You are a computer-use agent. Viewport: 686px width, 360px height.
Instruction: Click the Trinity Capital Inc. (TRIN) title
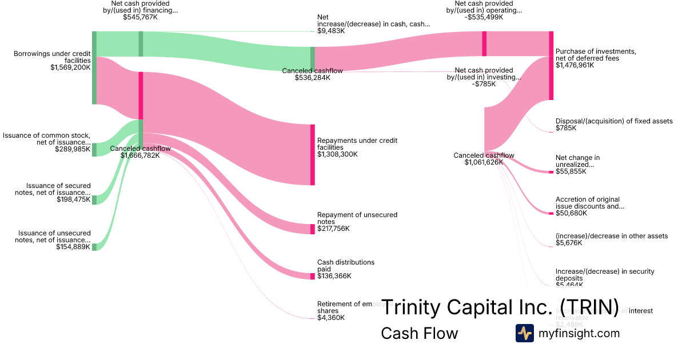coord(500,307)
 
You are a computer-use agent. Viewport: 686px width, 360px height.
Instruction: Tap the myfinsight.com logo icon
coord(524,333)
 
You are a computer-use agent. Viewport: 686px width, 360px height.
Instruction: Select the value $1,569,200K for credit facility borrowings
coord(70,67)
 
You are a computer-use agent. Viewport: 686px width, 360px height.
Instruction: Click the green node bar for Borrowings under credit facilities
coord(94,67)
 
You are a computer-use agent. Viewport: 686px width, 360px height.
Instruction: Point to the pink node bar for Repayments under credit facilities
coord(313,154)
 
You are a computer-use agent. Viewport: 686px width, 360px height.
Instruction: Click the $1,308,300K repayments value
coord(337,154)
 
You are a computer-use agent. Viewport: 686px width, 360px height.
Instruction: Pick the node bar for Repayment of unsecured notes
coord(313,229)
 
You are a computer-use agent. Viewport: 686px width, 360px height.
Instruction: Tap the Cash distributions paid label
coord(346,266)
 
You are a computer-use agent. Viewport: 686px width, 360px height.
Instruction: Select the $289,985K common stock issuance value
coord(73,149)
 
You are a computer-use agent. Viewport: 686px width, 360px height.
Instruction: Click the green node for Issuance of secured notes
coord(94,199)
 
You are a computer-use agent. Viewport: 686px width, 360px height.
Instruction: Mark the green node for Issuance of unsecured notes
coord(94,247)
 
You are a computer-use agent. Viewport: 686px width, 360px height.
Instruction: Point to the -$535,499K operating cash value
coord(484,17)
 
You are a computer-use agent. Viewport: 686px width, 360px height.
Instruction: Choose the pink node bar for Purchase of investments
coord(551,66)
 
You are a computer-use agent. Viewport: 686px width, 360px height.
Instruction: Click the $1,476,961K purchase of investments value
coord(575,65)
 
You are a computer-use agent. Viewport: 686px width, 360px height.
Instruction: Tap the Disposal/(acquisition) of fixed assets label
coord(614,121)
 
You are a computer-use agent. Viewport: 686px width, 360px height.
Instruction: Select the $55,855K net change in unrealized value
coord(569,171)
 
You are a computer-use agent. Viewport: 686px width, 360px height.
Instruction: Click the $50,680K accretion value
coord(569,213)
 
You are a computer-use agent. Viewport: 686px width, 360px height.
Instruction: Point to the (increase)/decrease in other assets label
coord(612,236)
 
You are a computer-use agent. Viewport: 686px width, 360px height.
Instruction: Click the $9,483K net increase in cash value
coord(331,31)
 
